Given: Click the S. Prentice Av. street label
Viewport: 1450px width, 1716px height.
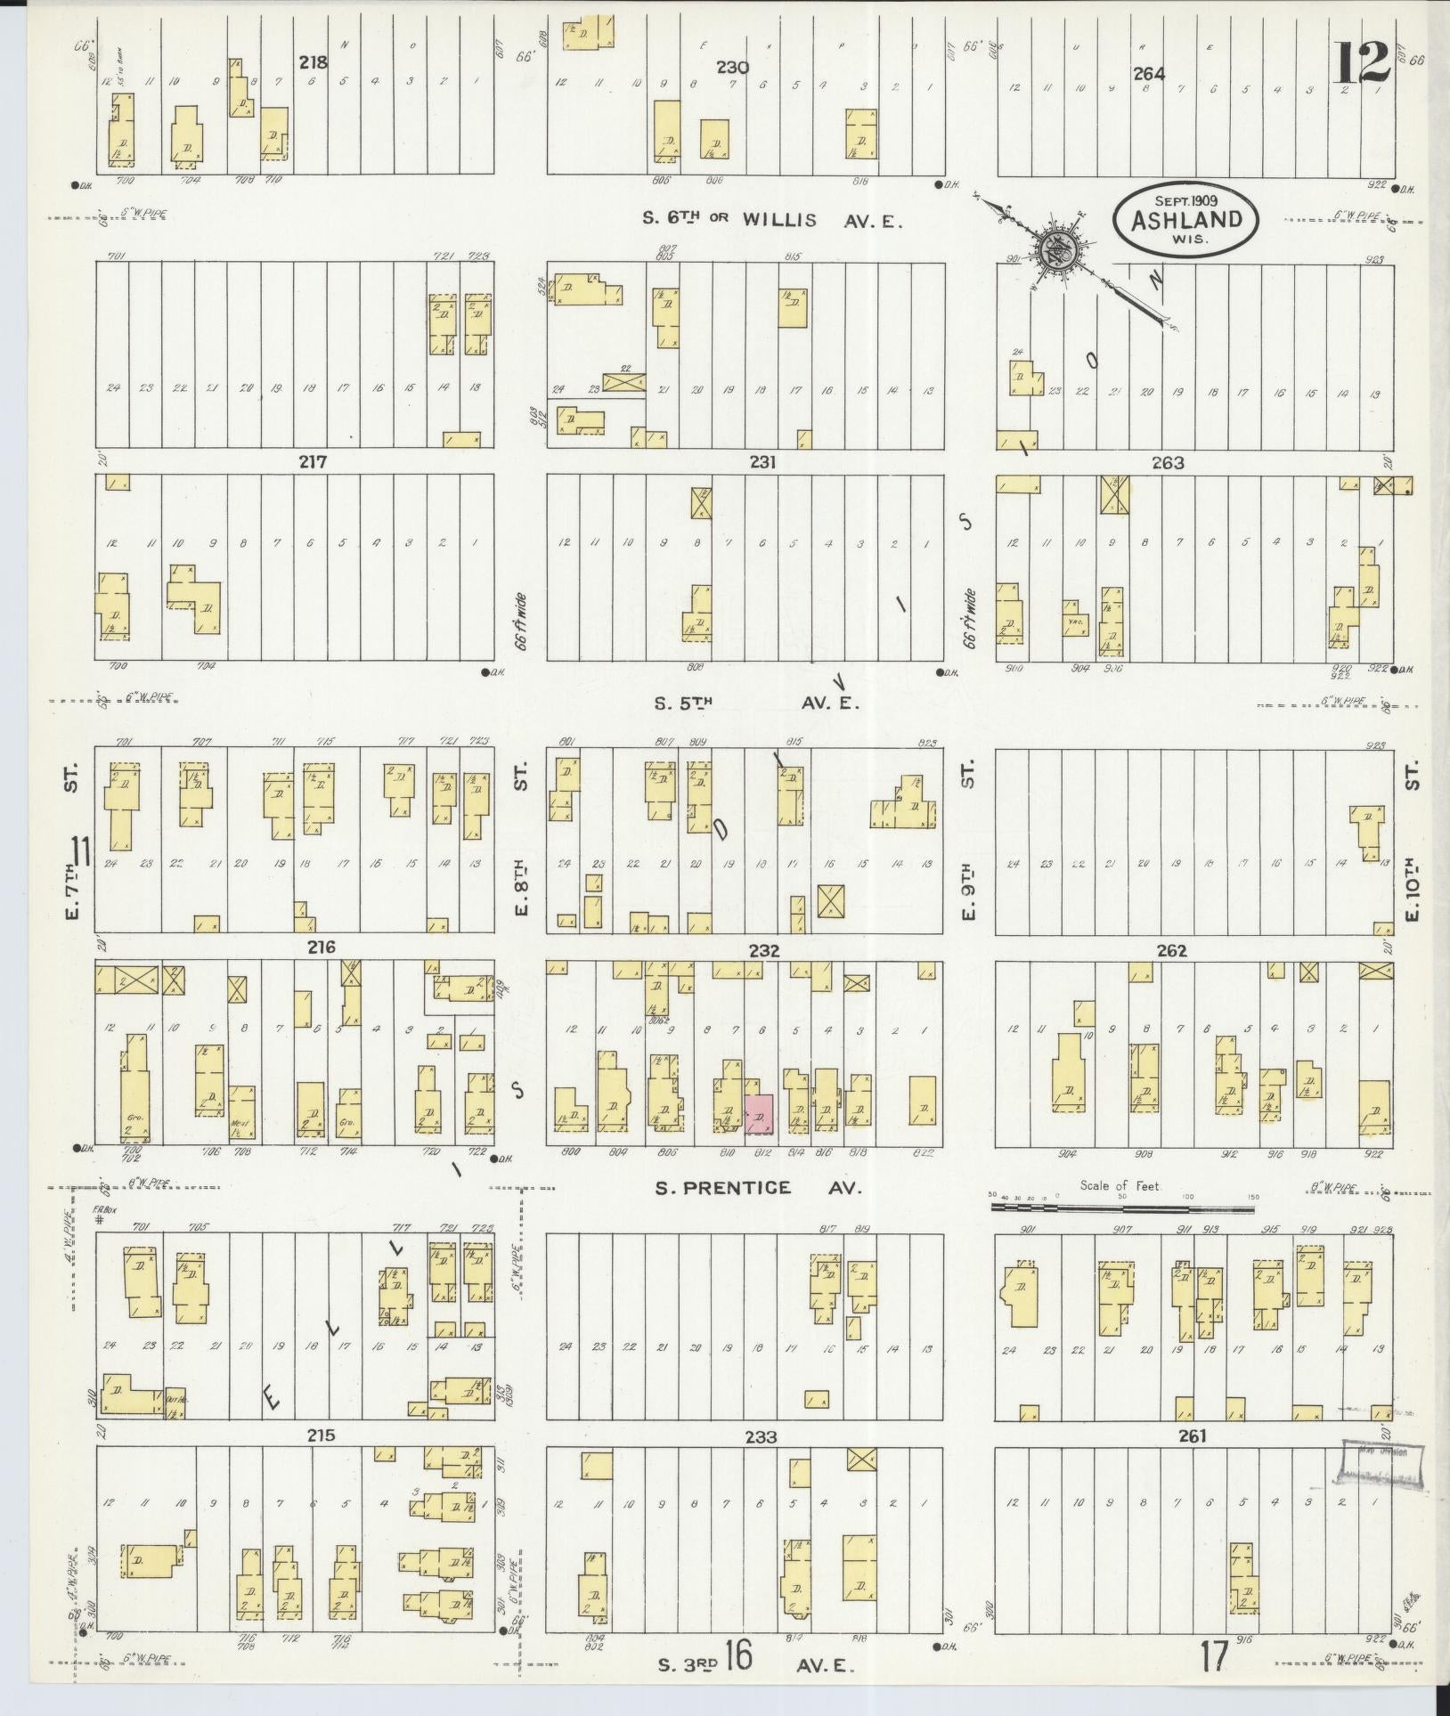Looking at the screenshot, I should point(759,1187).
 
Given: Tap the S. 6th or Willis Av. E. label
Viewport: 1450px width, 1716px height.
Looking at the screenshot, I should point(771,220).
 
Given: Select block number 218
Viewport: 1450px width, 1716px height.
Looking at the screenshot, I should point(313,63).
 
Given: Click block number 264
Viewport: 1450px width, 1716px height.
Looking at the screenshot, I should point(1149,73).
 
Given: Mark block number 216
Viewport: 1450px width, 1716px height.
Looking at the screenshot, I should point(321,947).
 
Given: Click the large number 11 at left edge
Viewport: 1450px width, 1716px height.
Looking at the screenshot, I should point(82,852).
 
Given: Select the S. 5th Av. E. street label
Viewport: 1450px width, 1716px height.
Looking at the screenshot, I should point(757,703).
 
